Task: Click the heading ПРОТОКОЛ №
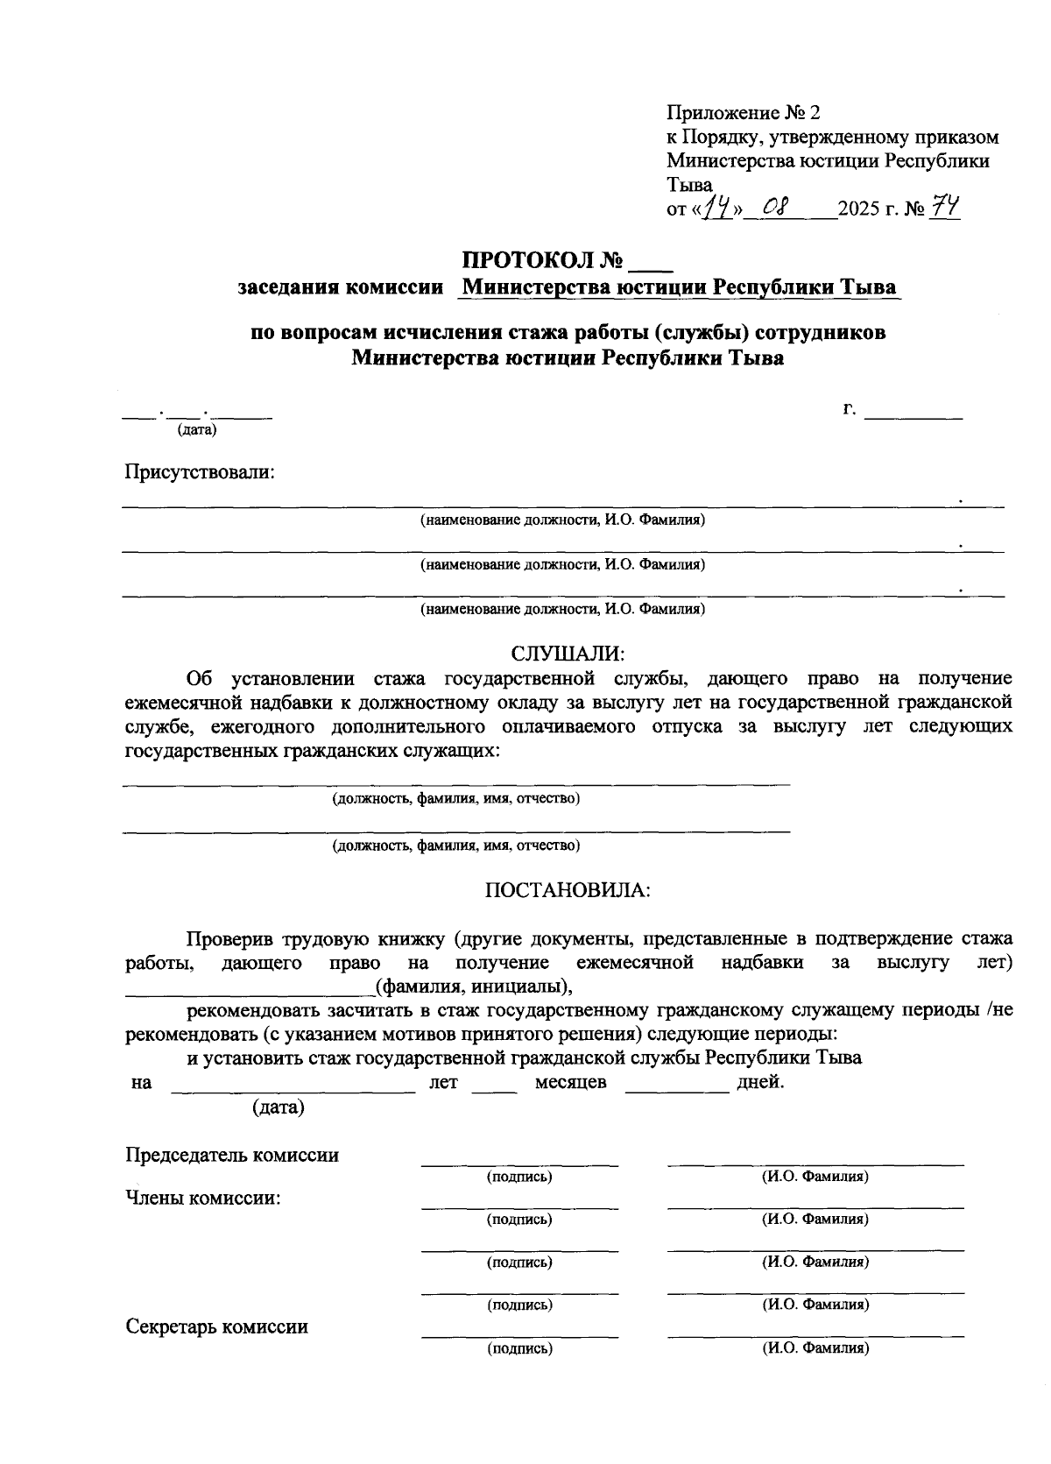(542, 261)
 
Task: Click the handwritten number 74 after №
(944, 208)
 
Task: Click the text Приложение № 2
(744, 113)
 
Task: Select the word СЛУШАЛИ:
(567, 654)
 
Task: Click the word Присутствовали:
(200, 472)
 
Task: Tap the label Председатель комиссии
(232, 1155)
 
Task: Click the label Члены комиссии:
(203, 1198)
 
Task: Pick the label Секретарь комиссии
(217, 1326)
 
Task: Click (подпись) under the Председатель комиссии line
(519, 1177)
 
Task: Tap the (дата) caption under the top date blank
(197, 429)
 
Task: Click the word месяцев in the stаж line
(570, 1082)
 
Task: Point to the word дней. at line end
(760, 1082)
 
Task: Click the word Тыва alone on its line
(689, 185)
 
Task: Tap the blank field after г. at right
(913, 415)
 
